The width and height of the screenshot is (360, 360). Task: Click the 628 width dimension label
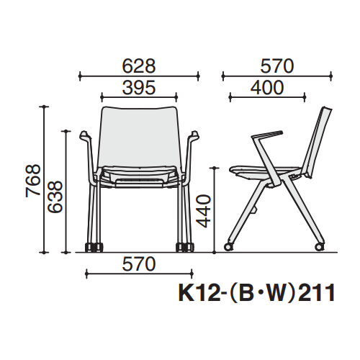coord(138,66)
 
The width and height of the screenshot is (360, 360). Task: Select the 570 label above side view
coord(277,66)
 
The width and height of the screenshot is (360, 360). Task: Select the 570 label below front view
coord(138,264)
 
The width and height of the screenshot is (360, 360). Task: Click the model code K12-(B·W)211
coord(256,293)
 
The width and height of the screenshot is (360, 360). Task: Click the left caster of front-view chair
coord(92,249)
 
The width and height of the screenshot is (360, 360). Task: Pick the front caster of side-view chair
coord(229,248)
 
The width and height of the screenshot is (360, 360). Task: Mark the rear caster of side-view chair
coord(317,248)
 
